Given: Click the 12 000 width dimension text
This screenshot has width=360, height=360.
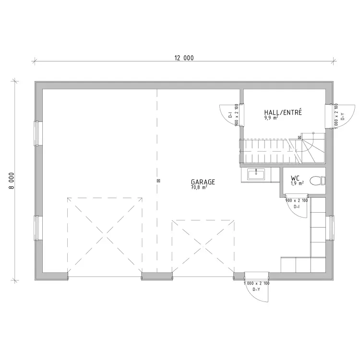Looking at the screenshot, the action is click(184, 58).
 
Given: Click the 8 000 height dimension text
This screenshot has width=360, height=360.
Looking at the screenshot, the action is click(12, 180).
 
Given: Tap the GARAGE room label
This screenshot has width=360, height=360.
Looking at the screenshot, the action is click(203, 182).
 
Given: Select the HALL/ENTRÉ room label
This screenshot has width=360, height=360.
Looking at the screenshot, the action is click(283, 112).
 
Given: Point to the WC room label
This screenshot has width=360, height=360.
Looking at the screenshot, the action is click(295, 178).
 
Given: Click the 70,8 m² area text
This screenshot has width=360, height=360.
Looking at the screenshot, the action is click(199, 187).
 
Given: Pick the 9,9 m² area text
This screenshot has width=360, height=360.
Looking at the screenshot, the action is click(271, 118).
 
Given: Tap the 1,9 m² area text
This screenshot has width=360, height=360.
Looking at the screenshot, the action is click(297, 183).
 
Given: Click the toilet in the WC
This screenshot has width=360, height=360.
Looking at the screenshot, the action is click(318, 180).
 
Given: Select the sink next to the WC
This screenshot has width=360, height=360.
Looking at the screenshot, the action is click(256, 174).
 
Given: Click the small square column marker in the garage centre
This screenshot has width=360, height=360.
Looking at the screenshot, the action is click(158, 180).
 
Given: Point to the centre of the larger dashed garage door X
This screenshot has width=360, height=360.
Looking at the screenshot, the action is click(105, 235).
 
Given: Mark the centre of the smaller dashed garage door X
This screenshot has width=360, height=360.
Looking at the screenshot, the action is click(203, 246).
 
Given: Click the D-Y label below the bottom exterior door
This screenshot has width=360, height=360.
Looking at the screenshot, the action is click(256, 289).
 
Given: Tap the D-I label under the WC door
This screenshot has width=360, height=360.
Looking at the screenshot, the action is click(297, 206).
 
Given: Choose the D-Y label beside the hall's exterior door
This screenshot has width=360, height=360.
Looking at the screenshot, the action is click(343, 116).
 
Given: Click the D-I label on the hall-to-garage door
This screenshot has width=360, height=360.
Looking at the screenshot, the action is click(230, 115).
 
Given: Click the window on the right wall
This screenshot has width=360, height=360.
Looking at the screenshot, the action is click(330, 228).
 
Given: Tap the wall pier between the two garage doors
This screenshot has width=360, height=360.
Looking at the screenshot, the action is click(157, 276).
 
